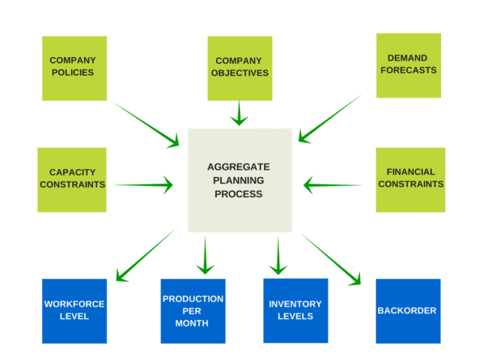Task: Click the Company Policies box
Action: coord(74,68)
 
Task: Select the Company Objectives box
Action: coord(240,68)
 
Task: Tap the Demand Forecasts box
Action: coord(408,65)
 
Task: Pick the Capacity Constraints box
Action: coord(72,179)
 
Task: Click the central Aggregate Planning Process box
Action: coord(239,180)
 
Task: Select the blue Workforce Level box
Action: coord(74,310)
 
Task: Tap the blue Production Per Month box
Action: coord(193,310)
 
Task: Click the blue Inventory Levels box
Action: coord(295,310)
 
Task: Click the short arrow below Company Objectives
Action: coord(239,113)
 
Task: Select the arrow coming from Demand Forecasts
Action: coord(330,118)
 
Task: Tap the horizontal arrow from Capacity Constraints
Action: coord(143,184)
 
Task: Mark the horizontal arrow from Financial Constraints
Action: coord(333,184)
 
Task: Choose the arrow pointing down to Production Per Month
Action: coord(205,256)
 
